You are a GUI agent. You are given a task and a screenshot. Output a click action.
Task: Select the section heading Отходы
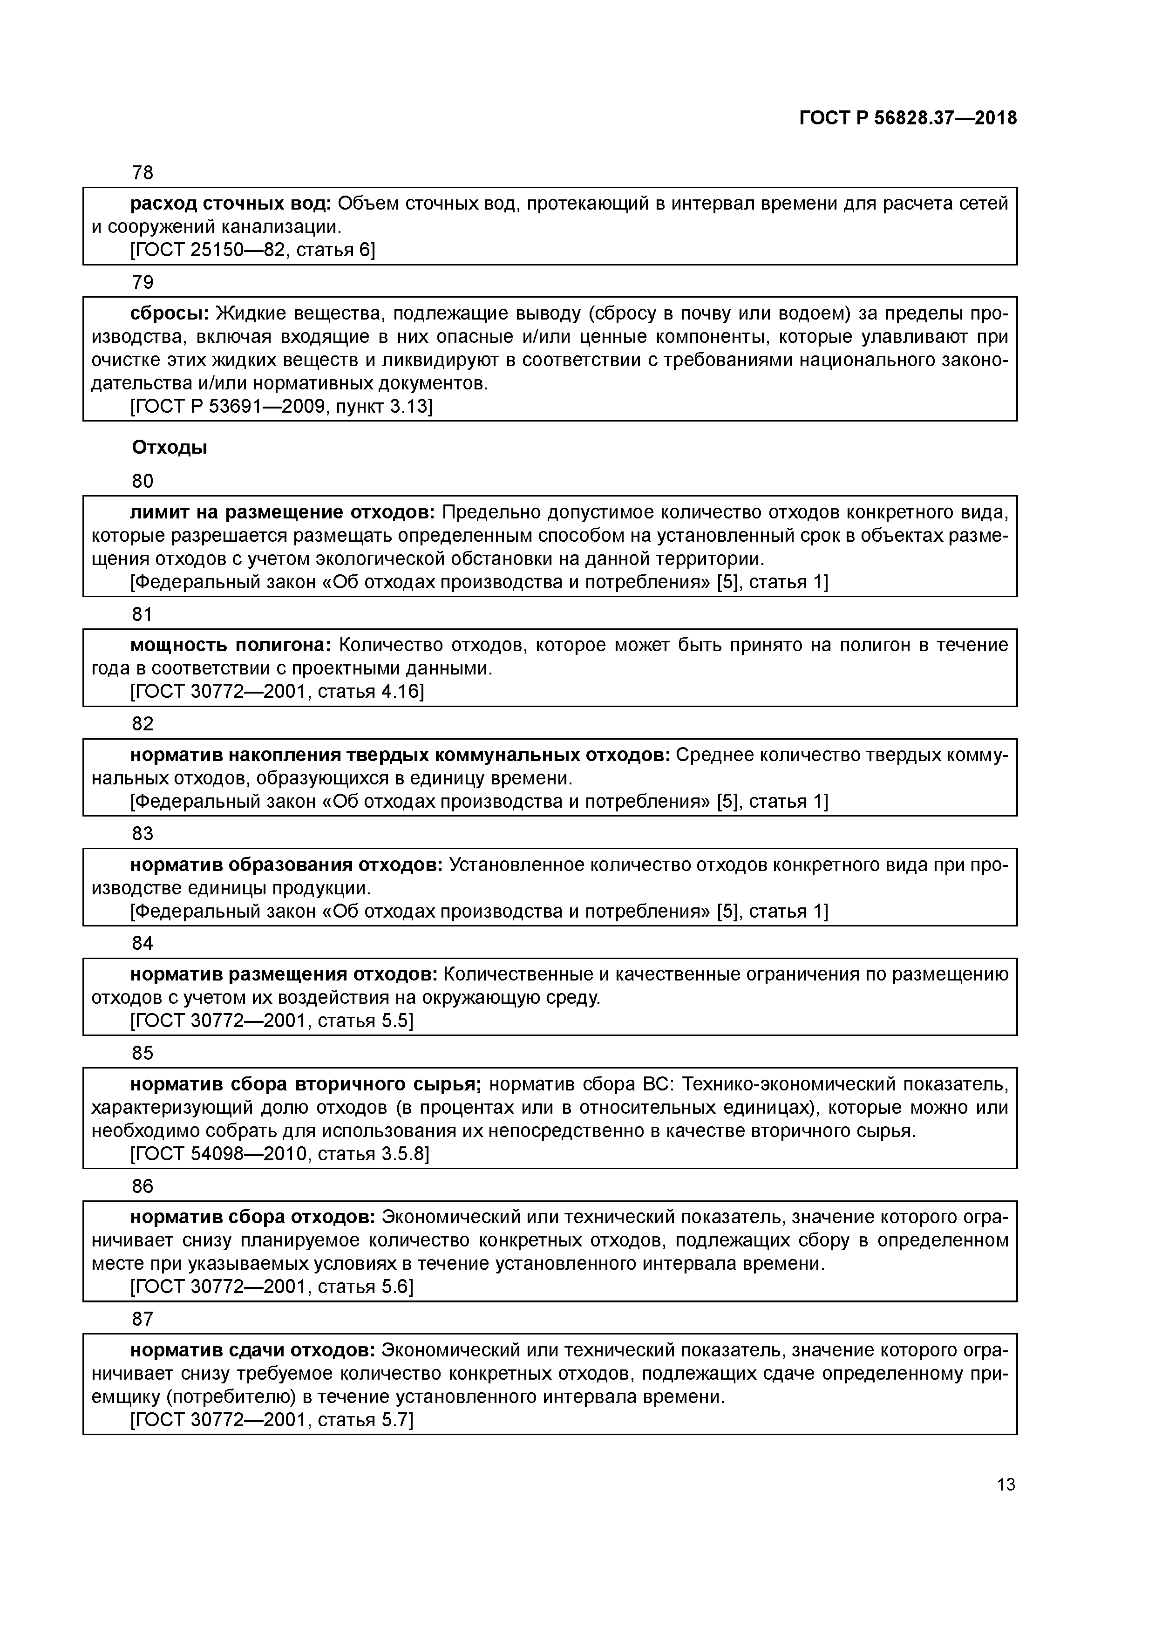click(170, 448)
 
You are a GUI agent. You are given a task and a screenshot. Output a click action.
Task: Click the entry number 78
click(143, 173)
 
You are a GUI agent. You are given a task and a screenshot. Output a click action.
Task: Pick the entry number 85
click(143, 1053)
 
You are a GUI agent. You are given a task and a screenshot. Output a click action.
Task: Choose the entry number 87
click(143, 1319)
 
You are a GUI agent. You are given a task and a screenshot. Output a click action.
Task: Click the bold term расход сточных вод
click(231, 204)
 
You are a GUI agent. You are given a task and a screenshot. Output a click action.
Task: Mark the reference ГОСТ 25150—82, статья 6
click(252, 250)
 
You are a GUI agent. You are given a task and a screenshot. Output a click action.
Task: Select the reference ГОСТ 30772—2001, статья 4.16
click(277, 691)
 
